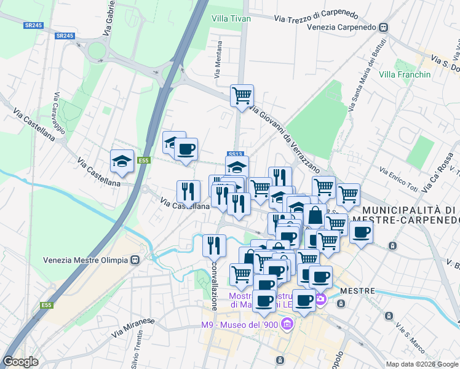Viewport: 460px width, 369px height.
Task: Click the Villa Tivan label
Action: pos(231,18)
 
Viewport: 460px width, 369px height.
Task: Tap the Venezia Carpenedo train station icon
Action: pos(384,28)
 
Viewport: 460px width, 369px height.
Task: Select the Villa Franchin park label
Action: pos(405,74)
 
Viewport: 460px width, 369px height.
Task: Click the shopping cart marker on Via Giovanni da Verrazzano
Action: pos(242,95)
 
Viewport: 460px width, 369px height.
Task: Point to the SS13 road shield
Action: pos(236,154)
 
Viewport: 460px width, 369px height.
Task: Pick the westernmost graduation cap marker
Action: pos(122,161)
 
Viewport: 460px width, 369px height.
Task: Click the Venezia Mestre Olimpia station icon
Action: pos(134,260)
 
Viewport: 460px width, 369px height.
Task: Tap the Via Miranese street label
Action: pos(133,327)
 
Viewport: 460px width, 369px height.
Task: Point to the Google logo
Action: pos(20,362)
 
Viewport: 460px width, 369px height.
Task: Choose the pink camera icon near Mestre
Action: pos(320,300)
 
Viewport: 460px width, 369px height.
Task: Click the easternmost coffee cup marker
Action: pos(362,232)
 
